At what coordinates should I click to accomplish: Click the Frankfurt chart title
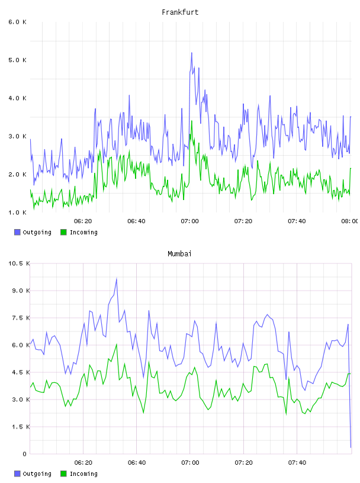(180, 12)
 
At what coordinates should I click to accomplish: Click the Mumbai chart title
(179, 253)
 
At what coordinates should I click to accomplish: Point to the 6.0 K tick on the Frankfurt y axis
(18, 22)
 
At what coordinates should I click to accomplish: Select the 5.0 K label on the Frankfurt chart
(18, 60)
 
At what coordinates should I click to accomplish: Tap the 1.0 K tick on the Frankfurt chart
(18, 212)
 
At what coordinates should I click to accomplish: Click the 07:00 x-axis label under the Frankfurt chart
(190, 221)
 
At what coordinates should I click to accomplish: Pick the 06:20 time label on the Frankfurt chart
(83, 221)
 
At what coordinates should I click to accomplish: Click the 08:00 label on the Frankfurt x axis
(350, 221)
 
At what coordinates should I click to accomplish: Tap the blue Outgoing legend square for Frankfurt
(17, 232)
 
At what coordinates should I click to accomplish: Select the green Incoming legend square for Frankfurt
(63, 232)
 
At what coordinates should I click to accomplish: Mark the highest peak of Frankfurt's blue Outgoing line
(192, 53)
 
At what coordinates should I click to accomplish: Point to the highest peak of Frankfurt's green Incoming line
(192, 121)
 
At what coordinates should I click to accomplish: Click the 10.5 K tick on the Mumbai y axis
(19, 263)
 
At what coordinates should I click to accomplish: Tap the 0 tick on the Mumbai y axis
(24, 454)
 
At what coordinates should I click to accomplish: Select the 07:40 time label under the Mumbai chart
(297, 463)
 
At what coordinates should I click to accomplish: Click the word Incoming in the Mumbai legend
(83, 474)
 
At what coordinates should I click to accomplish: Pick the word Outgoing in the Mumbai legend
(37, 474)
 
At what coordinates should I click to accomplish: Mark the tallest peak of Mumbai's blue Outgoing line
(117, 278)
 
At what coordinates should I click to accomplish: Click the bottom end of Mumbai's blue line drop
(351, 447)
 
